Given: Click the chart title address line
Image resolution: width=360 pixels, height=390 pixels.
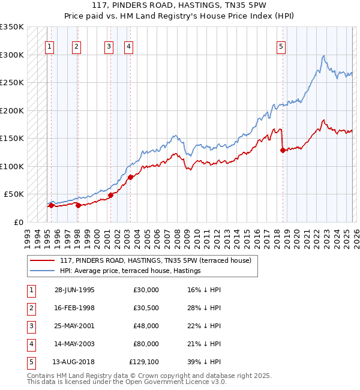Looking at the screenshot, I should click(179, 5).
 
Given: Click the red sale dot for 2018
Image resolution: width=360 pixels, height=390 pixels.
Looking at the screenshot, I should click(283, 151).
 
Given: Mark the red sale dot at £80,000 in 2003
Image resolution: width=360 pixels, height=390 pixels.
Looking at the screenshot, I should click(130, 177).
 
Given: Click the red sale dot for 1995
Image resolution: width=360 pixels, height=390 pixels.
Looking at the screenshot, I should click(51, 205).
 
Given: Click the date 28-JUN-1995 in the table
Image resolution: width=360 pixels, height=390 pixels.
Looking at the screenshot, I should click(74, 290).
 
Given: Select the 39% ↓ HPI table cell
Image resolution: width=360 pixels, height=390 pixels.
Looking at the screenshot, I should click(204, 362).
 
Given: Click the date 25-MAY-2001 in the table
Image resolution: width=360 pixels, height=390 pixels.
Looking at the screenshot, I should click(74, 326).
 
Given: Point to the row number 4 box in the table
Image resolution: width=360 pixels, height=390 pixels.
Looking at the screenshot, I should click(31, 344).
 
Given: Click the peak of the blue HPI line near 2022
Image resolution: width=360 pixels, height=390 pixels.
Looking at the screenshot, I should click(323, 56).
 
